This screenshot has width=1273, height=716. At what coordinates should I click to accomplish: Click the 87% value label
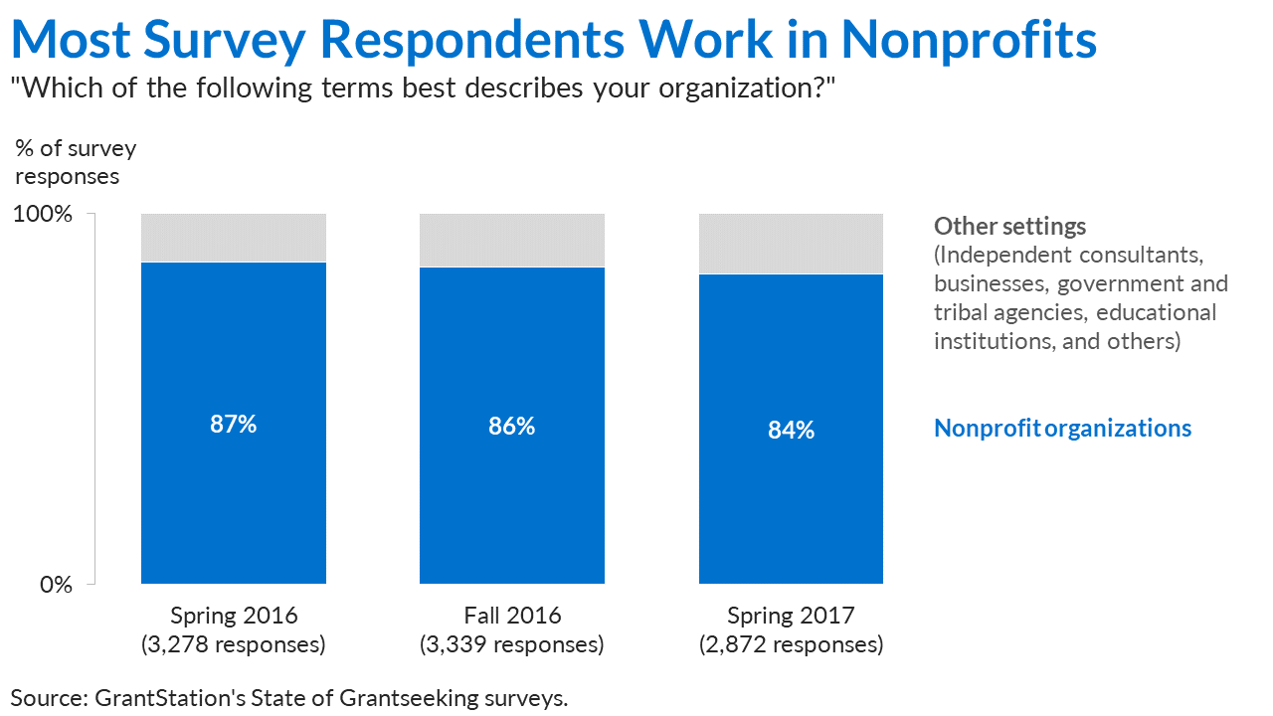(234, 425)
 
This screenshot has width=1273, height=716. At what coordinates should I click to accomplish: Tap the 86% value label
(512, 427)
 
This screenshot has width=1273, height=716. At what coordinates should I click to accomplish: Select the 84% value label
(791, 431)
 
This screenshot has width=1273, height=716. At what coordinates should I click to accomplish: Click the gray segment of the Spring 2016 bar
(234, 238)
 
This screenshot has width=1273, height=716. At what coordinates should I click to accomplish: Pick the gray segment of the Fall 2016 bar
(512, 241)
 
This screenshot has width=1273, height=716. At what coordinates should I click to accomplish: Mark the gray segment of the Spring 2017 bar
(791, 244)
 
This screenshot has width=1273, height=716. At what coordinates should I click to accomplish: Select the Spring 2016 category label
(234, 615)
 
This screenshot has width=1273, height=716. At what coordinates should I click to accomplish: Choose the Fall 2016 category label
(512, 615)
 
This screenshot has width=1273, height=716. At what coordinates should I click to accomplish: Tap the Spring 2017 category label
(791, 615)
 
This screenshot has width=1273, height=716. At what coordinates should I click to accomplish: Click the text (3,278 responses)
(234, 644)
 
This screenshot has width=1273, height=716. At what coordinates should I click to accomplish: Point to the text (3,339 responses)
(512, 644)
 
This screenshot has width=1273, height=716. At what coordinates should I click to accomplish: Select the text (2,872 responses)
(791, 644)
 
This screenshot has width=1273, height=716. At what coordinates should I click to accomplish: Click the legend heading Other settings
(1009, 227)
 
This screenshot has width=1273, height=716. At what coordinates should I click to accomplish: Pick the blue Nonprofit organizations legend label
(1062, 429)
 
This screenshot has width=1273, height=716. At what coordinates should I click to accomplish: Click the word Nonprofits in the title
(969, 40)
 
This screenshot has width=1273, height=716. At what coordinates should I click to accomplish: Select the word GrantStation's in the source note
(169, 697)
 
